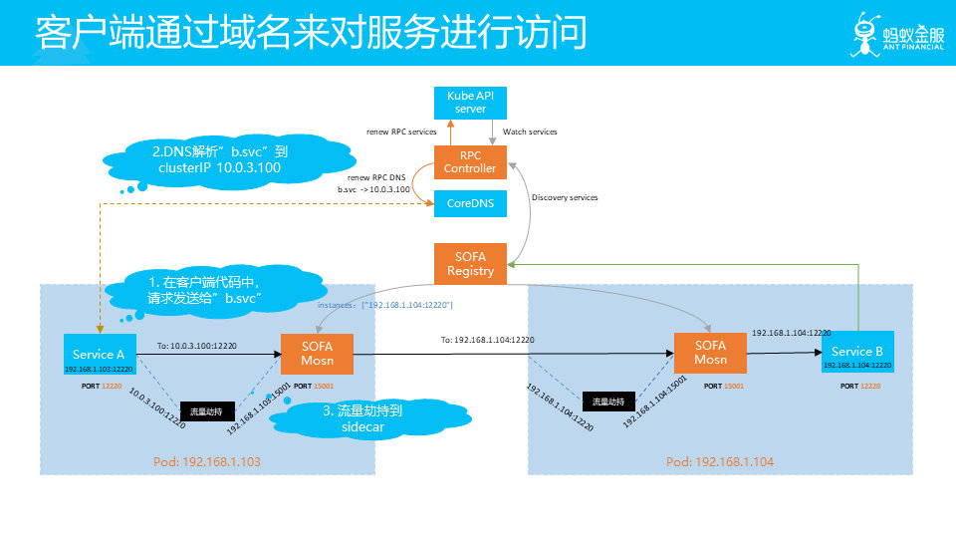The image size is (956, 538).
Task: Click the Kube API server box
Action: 471,101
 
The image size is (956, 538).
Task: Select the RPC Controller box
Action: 471,161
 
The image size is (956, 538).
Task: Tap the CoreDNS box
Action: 471,202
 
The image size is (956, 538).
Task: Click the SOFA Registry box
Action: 471,262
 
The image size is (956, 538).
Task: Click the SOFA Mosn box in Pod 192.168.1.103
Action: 318,353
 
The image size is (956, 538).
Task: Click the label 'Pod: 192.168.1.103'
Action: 206,462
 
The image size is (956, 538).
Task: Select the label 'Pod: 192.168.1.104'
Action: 720,462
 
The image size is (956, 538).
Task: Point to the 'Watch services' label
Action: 530,132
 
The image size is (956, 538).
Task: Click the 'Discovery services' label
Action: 565,197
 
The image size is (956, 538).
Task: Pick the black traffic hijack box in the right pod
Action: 608,402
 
